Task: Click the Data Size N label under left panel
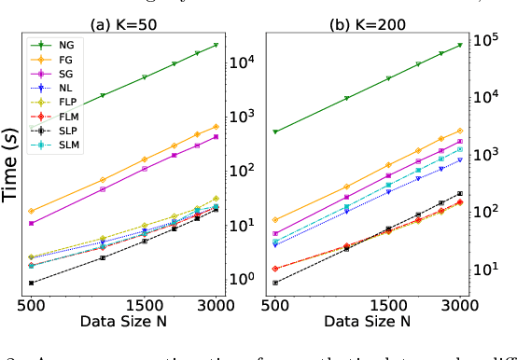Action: click(124, 322)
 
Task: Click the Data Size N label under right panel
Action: click(367, 322)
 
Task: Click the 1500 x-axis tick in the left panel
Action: click(145, 304)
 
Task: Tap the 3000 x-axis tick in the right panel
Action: click(459, 304)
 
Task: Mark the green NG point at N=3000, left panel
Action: click(217, 45)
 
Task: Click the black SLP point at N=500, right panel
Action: click(274, 283)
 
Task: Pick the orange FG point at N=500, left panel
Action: click(32, 211)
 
